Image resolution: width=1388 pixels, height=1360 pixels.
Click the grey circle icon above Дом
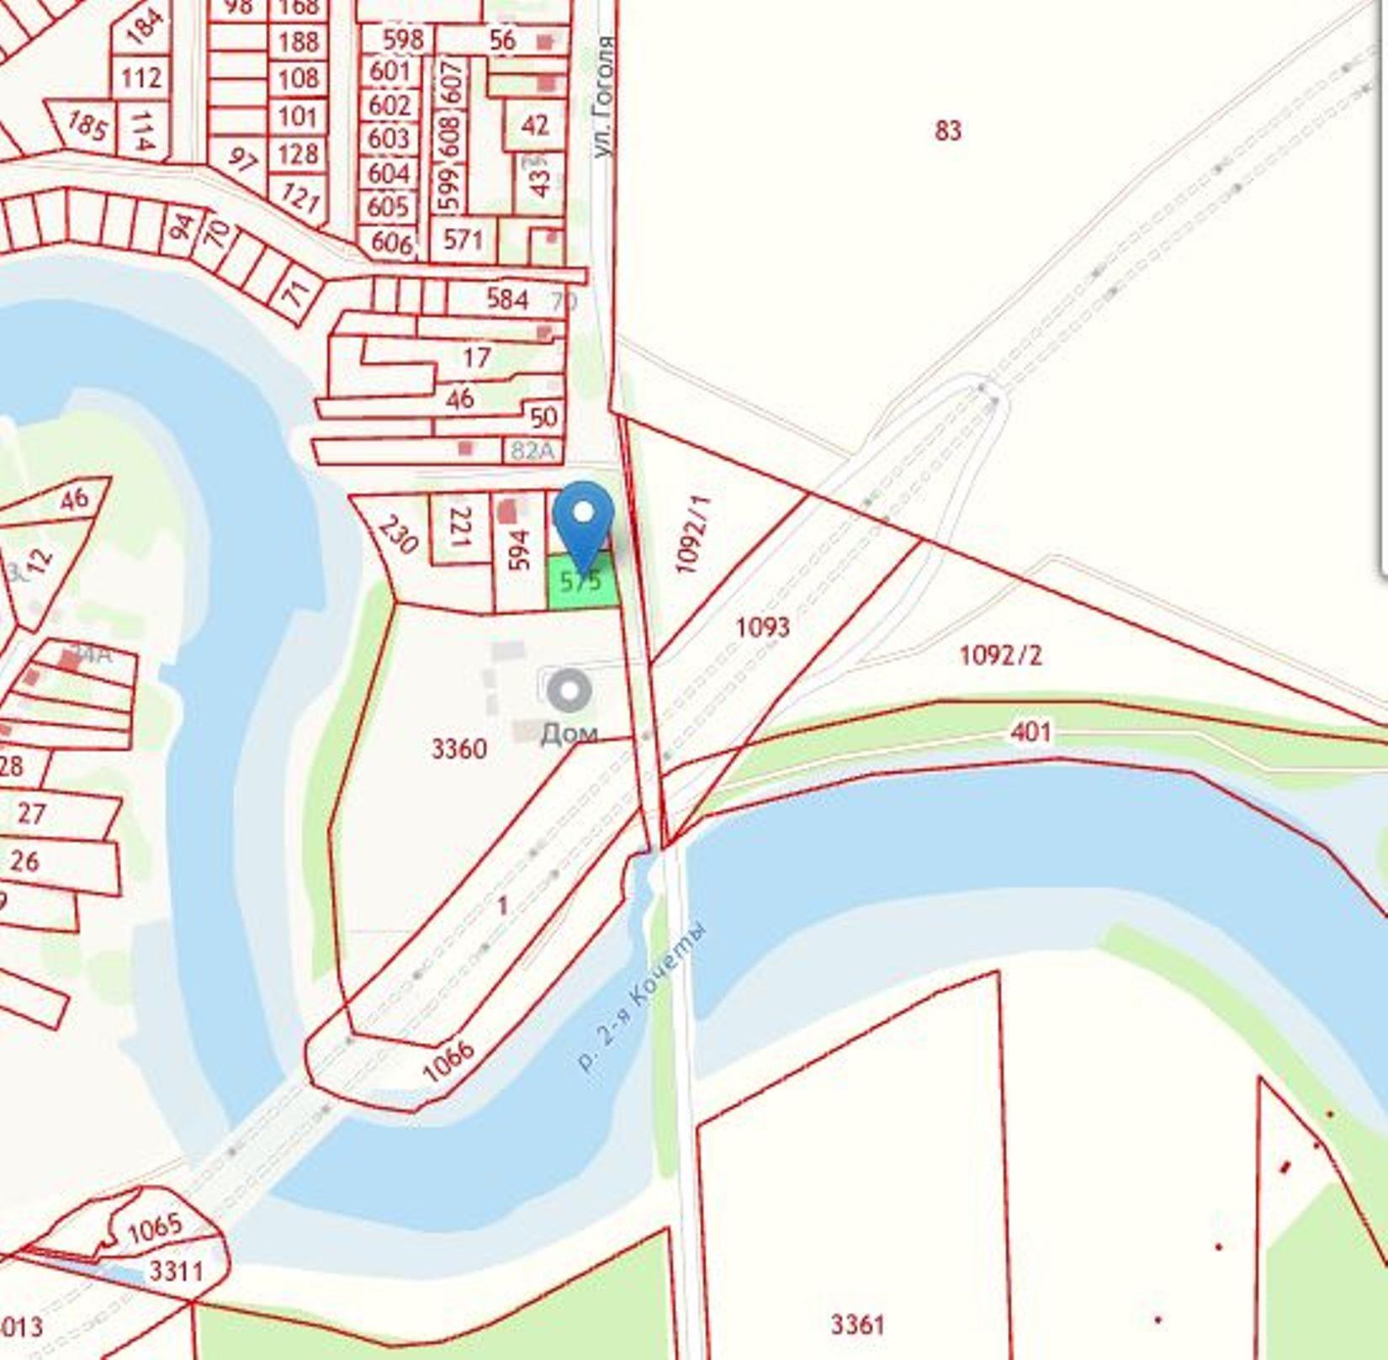tap(570, 691)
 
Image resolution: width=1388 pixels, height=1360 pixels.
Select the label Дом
tap(569, 733)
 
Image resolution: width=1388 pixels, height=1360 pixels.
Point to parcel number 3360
tap(458, 748)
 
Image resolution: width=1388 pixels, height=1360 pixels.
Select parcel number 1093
tap(763, 627)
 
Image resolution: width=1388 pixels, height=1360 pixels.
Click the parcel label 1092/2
tap(1000, 654)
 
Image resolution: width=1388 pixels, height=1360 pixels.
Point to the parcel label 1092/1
tap(693, 535)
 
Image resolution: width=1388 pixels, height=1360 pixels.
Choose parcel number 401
tap(1030, 732)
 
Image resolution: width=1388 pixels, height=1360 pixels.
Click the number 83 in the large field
tap(948, 130)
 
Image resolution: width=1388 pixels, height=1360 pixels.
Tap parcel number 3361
tap(857, 1325)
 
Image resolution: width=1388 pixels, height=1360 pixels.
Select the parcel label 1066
tap(448, 1062)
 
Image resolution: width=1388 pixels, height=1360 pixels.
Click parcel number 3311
tap(176, 1270)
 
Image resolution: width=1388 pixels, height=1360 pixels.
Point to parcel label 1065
tap(155, 1229)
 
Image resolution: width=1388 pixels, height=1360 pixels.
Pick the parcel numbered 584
tap(507, 298)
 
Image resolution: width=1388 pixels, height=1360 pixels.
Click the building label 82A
tap(533, 451)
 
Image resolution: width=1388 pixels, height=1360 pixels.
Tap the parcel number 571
tap(464, 240)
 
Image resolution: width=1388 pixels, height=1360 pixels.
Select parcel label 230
tap(397, 534)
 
